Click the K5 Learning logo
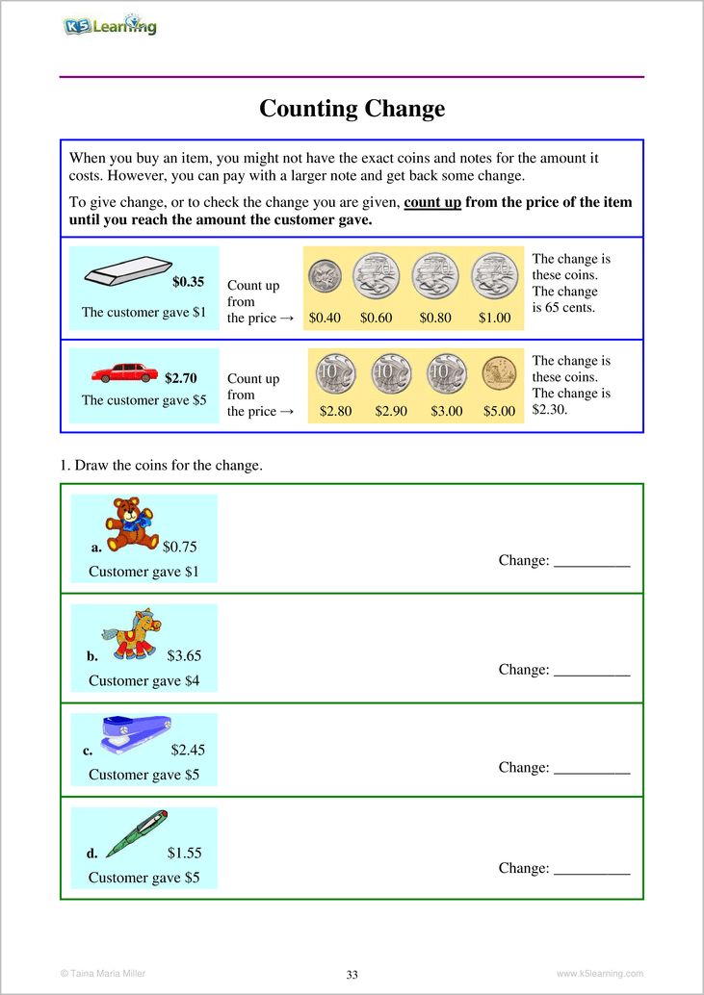click(109, 26)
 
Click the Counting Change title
click(352, 109)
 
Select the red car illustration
click(124, 372)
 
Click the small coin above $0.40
click(325, 278)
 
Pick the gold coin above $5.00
click(499, 372)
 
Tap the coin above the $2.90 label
click(391, 372)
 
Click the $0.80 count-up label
click(435, 318)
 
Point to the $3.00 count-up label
click(446, 411)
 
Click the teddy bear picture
click(131, 524)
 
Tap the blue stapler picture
click(136, 733)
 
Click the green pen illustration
click(137, 833)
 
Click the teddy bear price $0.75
click(179, 547)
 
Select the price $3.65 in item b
click(184, 656)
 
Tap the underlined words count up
click(432, 203)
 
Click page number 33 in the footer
click(352, 975)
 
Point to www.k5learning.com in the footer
click(599, 974)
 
